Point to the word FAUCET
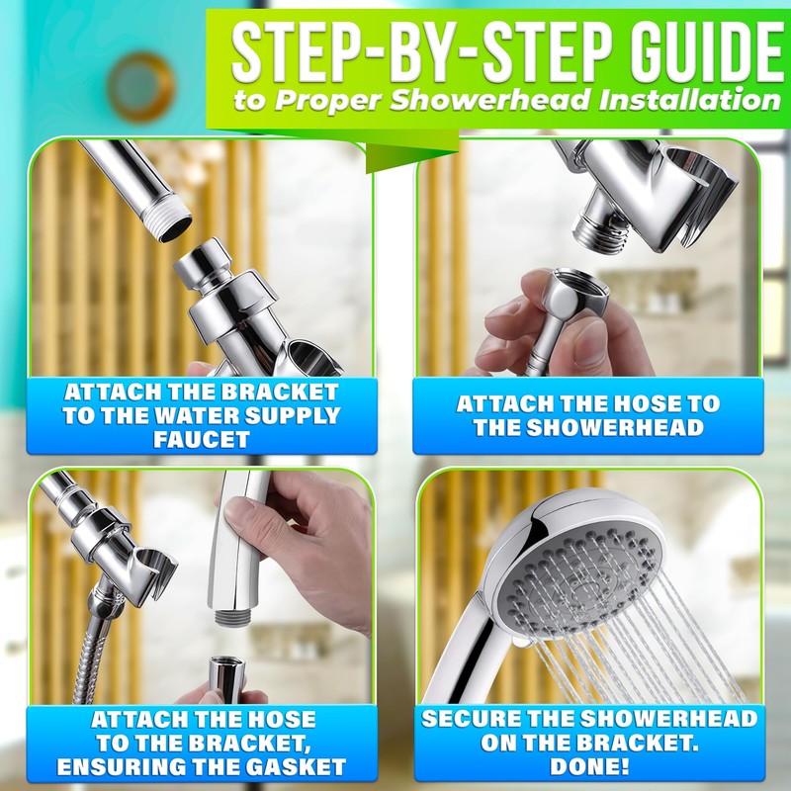201,439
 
